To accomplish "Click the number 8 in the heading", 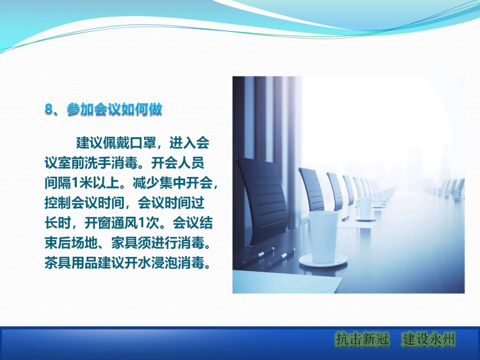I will [x=49, y=110].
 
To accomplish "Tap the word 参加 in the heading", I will [x=80, y=110].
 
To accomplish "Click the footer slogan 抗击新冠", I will [x=362, y=340].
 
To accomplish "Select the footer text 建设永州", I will [x=429, y=340].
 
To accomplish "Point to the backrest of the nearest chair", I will [x=262, y=196].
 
